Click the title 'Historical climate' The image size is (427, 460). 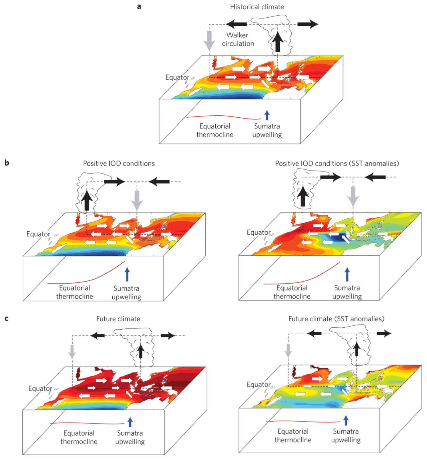(257, 7)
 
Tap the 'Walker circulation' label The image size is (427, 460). (238, 39)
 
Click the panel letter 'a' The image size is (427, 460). (139, 6)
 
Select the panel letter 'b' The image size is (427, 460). (7, 163)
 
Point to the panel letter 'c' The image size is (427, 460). (6, 318)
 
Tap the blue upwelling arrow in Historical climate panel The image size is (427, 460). (267, 115)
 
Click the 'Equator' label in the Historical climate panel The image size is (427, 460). (177, 78)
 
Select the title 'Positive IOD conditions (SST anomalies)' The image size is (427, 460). (337, 163)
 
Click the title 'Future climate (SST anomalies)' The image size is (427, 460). (336, 319)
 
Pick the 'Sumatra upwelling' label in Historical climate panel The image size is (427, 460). (267, 130)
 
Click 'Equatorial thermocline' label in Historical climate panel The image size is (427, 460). (215, 130)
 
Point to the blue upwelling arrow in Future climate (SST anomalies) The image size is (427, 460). (346, 420)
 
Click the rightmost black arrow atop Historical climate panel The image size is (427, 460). (308, 24)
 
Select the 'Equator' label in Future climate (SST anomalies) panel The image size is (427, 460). (258, 384)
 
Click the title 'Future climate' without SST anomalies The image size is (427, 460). (118, 319)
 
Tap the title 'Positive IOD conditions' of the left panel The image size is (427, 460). (119, 163)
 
